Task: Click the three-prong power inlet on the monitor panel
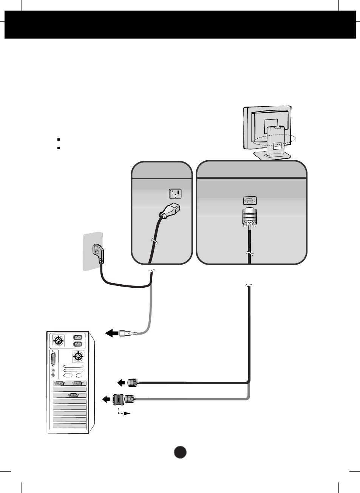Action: [x=175, y=194]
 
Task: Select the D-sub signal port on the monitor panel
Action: [x=250, y=201]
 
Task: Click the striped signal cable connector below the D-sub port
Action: [x=249, y=217]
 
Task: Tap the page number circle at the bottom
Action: [x=180, y=452]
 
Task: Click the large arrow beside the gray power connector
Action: [x=111, y=333]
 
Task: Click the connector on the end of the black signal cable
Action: [x=133, y=383]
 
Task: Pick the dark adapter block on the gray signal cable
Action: [x=119, y=399]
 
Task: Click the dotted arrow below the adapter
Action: [x=122, y=412]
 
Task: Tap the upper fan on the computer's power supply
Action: [x=59, y=341]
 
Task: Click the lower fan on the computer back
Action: [x=78, y=356]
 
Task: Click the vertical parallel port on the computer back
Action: [x=53, y=359]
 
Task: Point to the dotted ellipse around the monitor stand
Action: [x=274, y=140]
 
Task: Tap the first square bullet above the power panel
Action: [x=59, y=140]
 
